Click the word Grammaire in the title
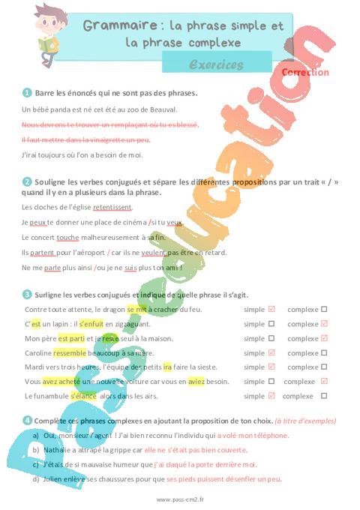coord(112,26)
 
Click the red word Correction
coord(305,73)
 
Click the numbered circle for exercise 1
coord(27,93)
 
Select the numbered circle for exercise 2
coord(27,181)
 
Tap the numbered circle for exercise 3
coord(27,294)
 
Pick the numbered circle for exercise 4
coord(27,421)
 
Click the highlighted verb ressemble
coord(70,352)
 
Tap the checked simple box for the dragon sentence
coord(271,309)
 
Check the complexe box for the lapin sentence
coord(324,324)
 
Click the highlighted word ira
coord(167,367)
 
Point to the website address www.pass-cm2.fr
coord(180,499)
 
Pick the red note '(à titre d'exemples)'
coord(305,421)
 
